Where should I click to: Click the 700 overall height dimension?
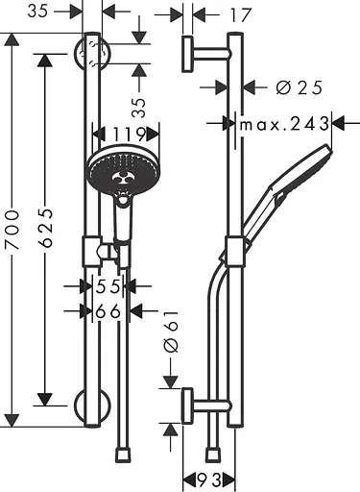pos(12,230)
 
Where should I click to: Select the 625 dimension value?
pos(45,228)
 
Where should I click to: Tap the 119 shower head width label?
pos(126,135)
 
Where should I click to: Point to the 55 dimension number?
pos(108,286)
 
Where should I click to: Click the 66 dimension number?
pos(108,311)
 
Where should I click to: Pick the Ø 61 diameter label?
pos(171,332)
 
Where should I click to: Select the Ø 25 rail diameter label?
pos(299,87)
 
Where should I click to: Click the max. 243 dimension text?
pos(284,124)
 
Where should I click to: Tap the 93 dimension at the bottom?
pos(209,480)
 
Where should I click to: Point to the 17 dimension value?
pos(240,15)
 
